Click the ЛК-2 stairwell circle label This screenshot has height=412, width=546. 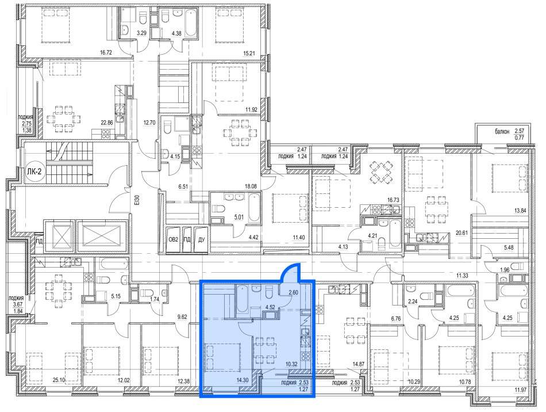pyautogui.click(x=34, y=171)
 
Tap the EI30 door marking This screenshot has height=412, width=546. pyautogui.click(x=137, y=199)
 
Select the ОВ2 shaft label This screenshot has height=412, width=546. pyautogui.click(x=173, y=239)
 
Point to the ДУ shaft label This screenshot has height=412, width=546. pyautogui.click(x=201, y=239)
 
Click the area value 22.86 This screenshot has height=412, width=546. pyautogui.click(x=107, y=123)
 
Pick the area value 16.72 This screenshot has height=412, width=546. pyautogui.click(x=106, y=52)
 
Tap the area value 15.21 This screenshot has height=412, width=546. pyautogui.click(x=249, y=54)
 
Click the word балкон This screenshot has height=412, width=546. pyautogui.click(x=502, y=131)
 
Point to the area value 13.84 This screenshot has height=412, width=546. pyautogui.click(x=520, y=210)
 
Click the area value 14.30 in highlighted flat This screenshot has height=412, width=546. pyautogui.click(x=242, y=380)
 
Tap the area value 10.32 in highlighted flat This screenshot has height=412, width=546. pyautogui.click(x=291, y=364)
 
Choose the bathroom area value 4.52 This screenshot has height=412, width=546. pyautogui.click(x=271, y=307)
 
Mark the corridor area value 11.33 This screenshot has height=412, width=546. pyautogui.click(x=462, y=276)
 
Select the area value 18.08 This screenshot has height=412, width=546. pyautogui.click(x=251, y=186)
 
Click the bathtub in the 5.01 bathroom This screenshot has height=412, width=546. pyautogui.click(x=254, y=208)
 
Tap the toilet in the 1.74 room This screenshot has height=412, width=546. pyautogui.click(x=148, y=293)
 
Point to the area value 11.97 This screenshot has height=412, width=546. pyautogui.click(x=521, y=390)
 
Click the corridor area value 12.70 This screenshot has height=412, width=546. pyautogui.click(x=149, y=123)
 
